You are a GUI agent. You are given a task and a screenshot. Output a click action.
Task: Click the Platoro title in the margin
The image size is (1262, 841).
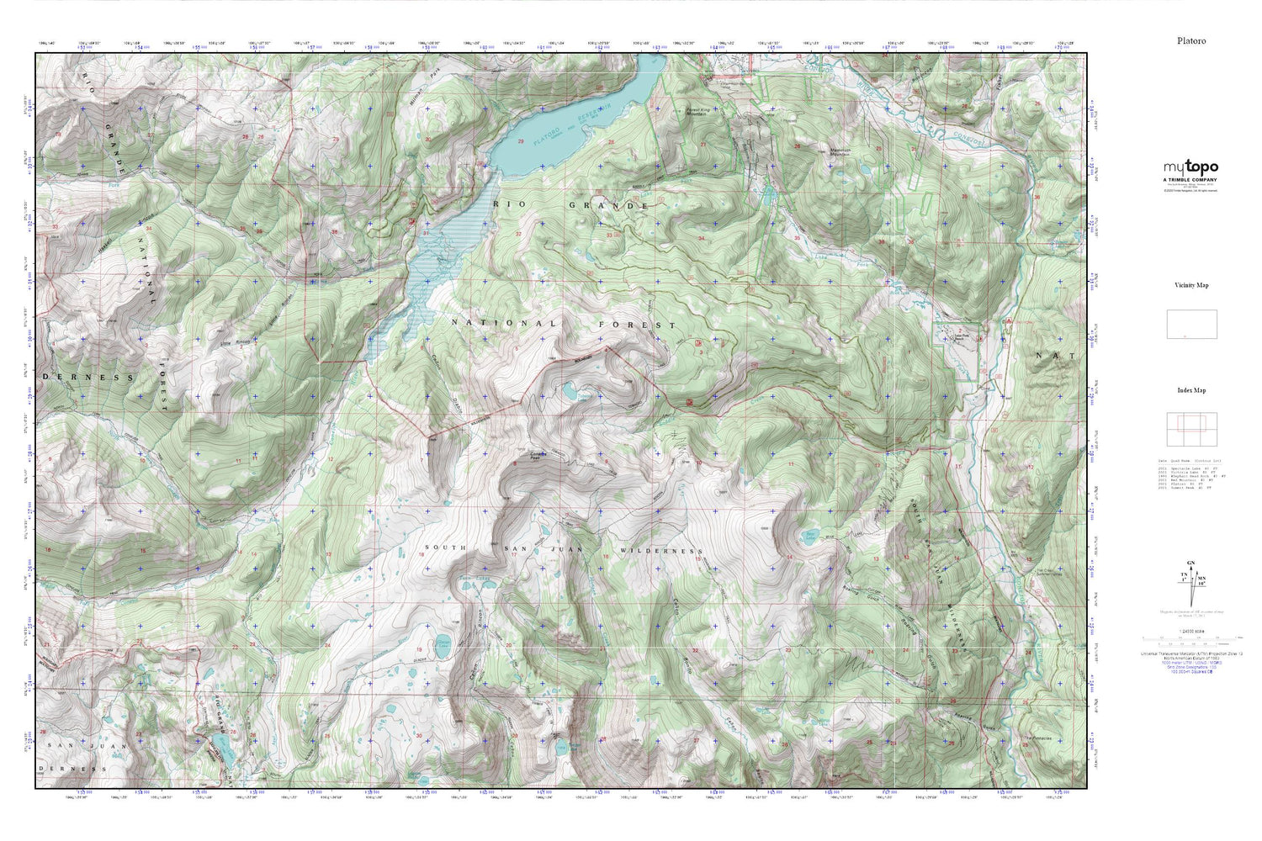tap(1191, 40)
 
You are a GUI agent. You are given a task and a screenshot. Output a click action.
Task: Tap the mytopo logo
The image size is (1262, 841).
tap(1190, 167)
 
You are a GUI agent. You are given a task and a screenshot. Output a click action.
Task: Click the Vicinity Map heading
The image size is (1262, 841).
tap(1191, 285)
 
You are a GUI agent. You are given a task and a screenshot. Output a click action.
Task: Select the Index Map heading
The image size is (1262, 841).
tap(1191, 390)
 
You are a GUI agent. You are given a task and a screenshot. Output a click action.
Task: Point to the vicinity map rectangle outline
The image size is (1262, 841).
tap(1191, 324)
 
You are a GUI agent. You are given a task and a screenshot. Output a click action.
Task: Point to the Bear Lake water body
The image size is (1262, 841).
tap(811, 535)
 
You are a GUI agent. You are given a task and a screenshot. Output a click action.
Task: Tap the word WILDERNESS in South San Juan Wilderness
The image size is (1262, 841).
tap(660, 551)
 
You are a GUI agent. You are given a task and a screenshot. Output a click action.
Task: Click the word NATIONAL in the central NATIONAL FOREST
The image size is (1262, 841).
tap(503, 323)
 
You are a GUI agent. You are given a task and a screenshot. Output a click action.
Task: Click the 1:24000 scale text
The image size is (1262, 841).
tap(1191, 632)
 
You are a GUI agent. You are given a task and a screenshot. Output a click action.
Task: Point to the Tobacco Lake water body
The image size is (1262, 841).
tap(571, 391)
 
